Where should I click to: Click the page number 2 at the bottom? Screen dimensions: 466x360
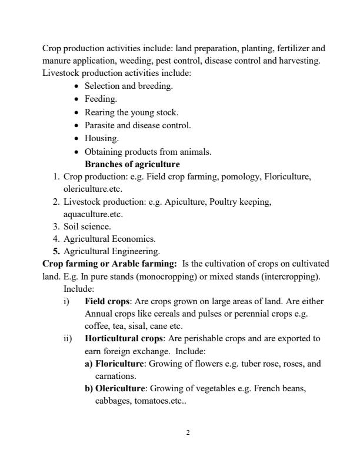point(187,433)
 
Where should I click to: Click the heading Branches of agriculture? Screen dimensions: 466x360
point(132,164)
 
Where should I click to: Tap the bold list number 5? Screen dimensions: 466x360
point(57,252)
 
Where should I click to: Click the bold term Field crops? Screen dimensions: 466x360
point(107,301)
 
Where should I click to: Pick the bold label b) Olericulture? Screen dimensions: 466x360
point(115,388)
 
